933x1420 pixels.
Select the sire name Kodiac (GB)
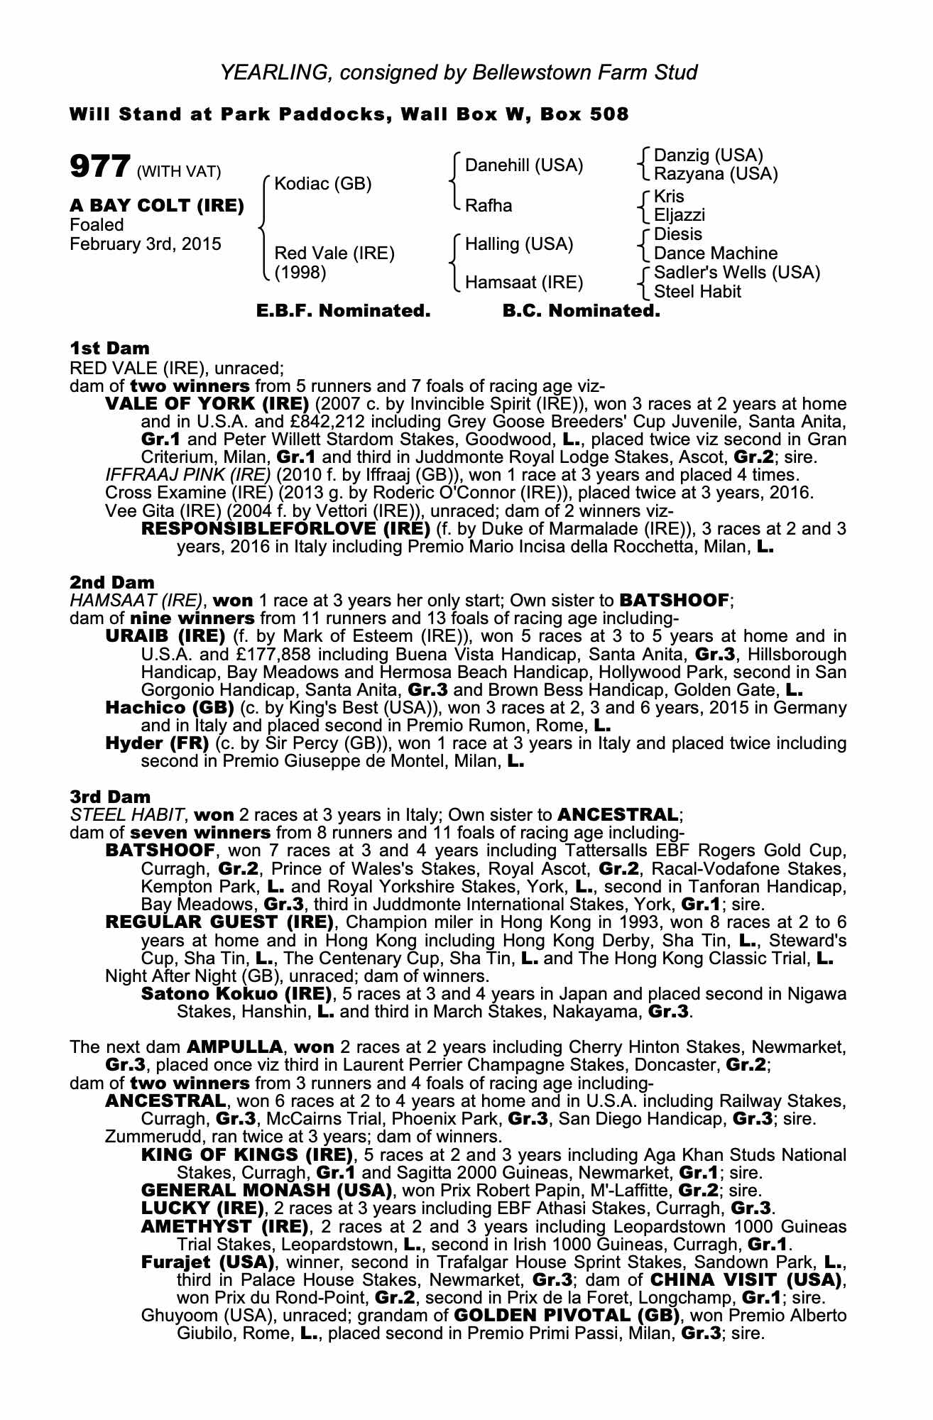pos(323,184)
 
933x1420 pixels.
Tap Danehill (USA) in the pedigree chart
pos(524,165)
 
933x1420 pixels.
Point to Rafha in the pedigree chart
pos(489,206)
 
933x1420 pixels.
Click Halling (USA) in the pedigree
pos(519,244)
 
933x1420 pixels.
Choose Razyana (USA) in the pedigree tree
pos(716,173)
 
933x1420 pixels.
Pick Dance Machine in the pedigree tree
pos(716,253)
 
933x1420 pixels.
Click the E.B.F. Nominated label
pos(343,311)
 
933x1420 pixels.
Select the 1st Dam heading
pos(110,348)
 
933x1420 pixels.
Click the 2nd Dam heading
pos(112,582)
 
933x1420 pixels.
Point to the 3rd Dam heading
pos(111,797)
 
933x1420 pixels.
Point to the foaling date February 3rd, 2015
pos(146,244)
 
